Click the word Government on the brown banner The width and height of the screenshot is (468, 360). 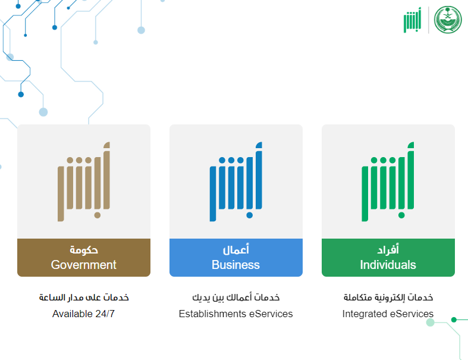84,265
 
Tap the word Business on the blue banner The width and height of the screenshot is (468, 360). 236,265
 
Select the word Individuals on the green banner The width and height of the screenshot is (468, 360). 388,265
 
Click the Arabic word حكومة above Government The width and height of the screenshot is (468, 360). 84,249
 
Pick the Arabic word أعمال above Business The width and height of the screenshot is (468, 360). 236,249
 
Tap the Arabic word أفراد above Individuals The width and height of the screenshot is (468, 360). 388,249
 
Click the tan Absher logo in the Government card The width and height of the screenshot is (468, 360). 84,181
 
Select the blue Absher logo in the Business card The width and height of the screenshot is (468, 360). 236,181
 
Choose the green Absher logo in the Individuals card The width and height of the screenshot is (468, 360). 388,181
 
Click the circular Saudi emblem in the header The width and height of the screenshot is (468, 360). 448,20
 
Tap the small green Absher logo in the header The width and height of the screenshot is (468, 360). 413,20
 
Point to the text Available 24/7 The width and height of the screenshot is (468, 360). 84,314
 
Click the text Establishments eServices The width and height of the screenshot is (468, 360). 236,314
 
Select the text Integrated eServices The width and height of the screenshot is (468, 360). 388,314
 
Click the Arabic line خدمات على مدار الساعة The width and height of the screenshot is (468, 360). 84,298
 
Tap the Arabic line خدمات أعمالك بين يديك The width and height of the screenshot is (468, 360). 236,298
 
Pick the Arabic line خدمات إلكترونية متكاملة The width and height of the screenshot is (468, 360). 388,298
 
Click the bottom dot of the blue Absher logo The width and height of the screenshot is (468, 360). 250,215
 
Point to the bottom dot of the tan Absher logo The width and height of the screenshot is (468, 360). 98,215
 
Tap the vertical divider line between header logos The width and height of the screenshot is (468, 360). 429,20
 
